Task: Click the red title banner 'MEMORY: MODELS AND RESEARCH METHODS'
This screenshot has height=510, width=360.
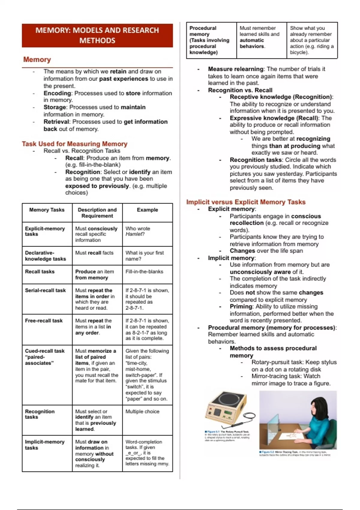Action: point(97,35)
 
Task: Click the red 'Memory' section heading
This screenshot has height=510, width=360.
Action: point(37,59)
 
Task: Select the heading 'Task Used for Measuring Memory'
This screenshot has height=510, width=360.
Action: point(74,144)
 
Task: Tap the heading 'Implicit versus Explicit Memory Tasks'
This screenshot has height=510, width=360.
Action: point(246,202)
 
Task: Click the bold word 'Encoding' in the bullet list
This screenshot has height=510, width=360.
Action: point(57,93)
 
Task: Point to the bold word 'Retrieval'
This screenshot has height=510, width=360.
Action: point(56,122)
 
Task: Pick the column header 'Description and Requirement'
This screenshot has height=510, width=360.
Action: point(97,213)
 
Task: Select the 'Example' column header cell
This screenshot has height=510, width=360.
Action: point(147,210)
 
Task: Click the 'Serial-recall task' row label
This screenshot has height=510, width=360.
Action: point(45,290)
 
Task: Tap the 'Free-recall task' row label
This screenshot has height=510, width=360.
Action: point(44,321)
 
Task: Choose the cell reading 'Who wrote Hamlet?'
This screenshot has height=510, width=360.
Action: point(138,231)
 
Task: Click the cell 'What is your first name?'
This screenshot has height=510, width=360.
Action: point(145,256)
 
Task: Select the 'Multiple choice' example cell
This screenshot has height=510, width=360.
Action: point(142,412)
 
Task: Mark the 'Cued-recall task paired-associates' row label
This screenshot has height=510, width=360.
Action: point(45,357)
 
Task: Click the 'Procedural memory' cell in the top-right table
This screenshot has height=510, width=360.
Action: point(209,40)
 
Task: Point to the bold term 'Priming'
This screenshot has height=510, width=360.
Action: point(241,307)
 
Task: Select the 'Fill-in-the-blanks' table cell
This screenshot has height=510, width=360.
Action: point(144,271)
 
